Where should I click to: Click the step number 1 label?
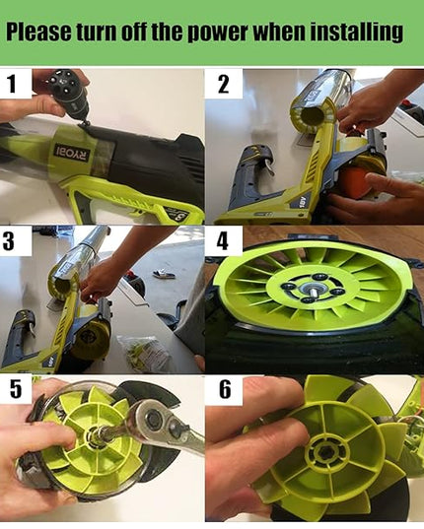[11, 84]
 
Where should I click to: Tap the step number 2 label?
[223, 84]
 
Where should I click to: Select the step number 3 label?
[9, 241]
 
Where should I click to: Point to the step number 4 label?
[223, 241]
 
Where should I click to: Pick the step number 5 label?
[16, 389]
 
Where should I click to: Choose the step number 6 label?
[225, 389]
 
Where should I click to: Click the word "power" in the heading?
[219, 33]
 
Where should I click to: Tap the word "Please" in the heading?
[38, 32]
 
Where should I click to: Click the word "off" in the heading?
[134, 32]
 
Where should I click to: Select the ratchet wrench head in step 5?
[154, 420]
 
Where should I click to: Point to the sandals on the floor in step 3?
[164, 274]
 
